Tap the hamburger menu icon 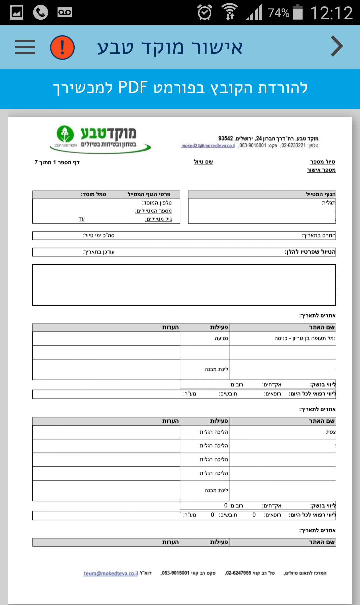[x=25, y=47]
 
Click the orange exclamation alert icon [x=62, y=47]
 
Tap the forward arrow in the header [x=337, y=46]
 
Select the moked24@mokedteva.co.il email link [x=208, y=146]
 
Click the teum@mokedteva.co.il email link [x=111, y=573]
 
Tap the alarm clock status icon [x=204, y=13]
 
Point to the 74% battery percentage [x=279, y=13]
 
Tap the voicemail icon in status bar [x=64, y=13]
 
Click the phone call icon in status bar [x=41, y=13]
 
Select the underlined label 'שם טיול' [x=203, y=162]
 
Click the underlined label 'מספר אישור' [x=321, y=170]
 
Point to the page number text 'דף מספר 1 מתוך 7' [x=57, y=163]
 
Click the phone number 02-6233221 [x=293, y=146]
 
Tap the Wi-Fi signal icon [x=229, y=12]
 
